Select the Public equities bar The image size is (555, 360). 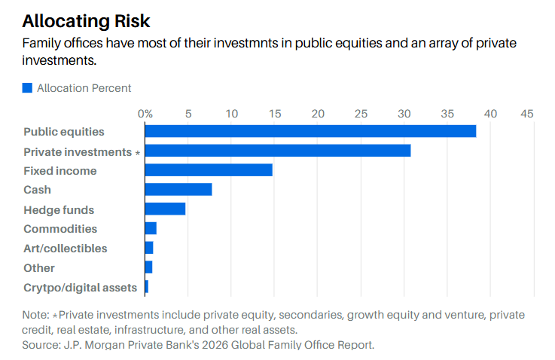click(x=310, y=131)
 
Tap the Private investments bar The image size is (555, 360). click(x=278, y=151)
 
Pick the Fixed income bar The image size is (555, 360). click(x=209, y=170)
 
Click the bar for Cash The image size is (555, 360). click(x=178, y=190)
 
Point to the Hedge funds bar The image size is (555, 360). click(x=165, y=209)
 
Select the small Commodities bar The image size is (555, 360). click(x=151, y=228)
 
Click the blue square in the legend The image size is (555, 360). click(x=28, y=88)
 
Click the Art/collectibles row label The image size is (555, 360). click(x=66, y=249)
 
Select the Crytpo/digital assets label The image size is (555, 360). click(x=81, y=287)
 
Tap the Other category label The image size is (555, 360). click(x=39, y=267)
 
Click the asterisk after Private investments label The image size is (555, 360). click(x=137, y=153)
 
